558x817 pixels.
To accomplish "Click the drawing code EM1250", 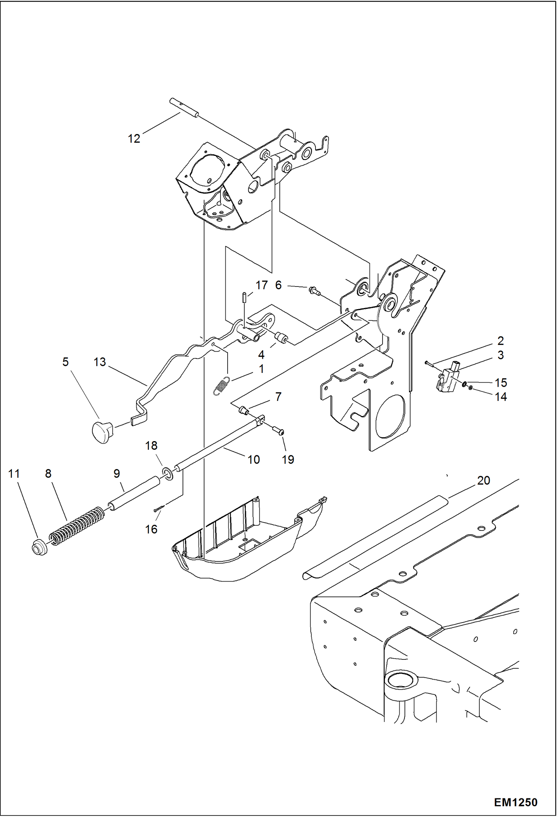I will pos(516,802).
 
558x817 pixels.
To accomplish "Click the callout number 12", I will pos(134,139).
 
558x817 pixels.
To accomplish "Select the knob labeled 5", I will pos(102,432).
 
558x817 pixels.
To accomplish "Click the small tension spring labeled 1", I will pos(222,385).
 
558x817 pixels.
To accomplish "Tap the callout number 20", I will pos(483,481).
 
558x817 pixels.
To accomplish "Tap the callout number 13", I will pos(99,362).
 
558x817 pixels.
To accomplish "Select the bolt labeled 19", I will pos(279,432).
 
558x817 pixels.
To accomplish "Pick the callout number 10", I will pos(253,460).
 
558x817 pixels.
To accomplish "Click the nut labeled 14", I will pos(470,388).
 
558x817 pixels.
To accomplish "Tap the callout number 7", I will pos(278,397).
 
